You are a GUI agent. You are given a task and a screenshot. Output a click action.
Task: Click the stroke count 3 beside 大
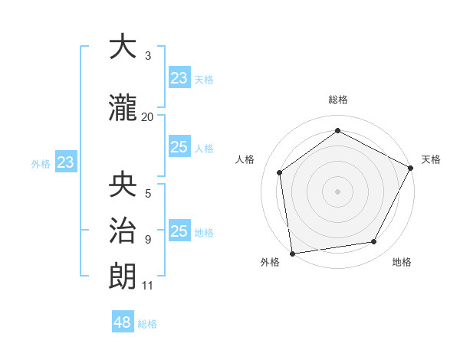click(x=148, y=56)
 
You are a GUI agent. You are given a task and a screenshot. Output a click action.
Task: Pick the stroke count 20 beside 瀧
click(x=148, y=117)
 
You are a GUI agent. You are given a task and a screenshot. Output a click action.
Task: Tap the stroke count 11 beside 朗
click(x=148, y=286)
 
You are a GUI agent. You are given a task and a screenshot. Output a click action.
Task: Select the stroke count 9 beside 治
click(x=148, y=239)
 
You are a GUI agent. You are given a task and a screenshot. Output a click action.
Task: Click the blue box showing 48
click(x=123, y=322)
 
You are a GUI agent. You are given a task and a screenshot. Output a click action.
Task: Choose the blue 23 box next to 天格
click(x=179, y=78)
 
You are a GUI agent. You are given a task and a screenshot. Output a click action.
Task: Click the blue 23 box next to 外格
click(x=66, y=162)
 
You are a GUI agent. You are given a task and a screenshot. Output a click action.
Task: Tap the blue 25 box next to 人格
click(x=179, y=147)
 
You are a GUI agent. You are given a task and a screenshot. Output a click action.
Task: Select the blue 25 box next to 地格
click(x=179, y=231)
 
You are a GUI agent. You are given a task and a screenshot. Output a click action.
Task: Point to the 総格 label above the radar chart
click(x=337, y=100)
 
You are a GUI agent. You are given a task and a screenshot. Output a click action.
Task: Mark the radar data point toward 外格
click(x=292, y=253)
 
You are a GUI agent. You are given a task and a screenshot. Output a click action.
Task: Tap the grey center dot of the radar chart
click(x=337, y=191)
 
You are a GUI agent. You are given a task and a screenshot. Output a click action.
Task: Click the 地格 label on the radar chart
click(x=402, y=262)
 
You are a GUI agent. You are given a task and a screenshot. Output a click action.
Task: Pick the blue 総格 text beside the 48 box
click(x=147, y=324)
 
